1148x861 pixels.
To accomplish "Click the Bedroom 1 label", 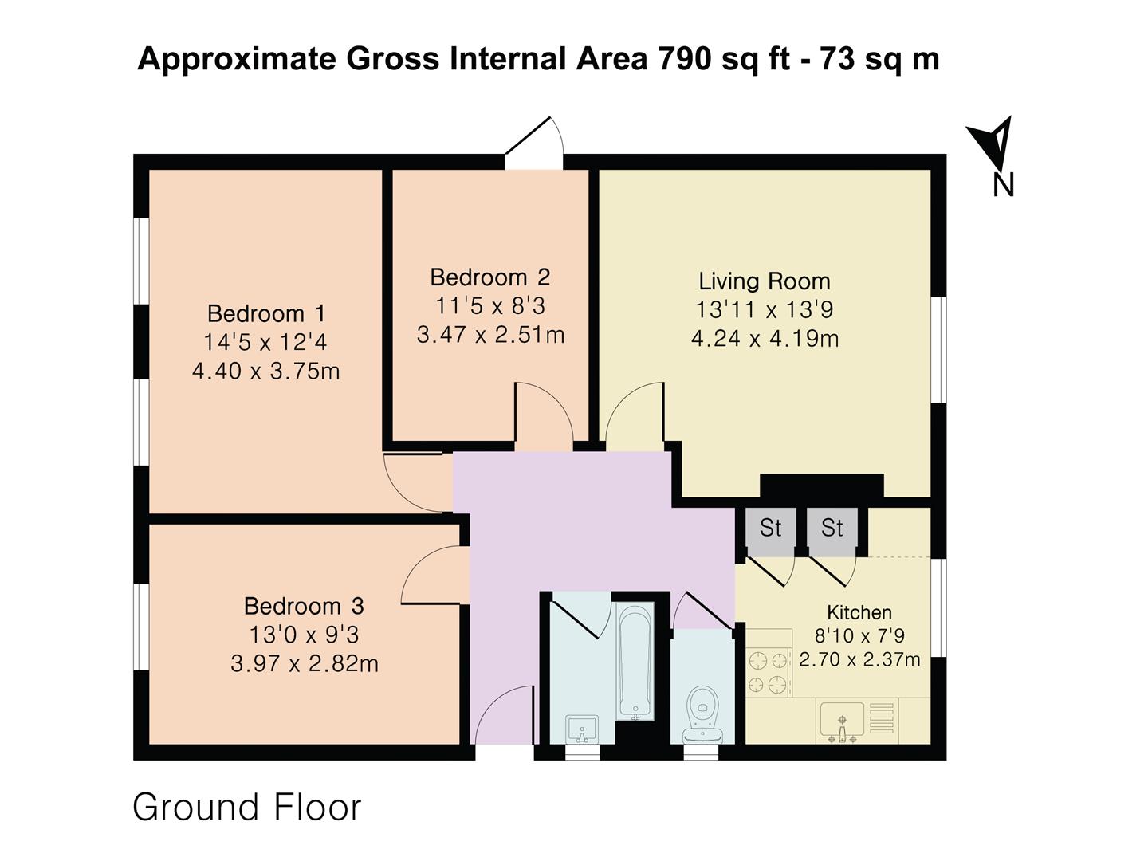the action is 266,314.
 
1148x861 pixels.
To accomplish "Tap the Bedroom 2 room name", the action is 490,277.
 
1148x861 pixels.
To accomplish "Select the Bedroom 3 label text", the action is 304,607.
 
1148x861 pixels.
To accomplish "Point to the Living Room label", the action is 765,282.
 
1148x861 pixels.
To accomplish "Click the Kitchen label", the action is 859,612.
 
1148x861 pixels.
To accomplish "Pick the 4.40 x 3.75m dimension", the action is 266,372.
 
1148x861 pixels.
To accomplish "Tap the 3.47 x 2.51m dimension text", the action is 490,335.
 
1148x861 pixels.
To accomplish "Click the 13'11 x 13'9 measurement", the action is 765,310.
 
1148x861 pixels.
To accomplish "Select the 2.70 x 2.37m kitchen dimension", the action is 859,659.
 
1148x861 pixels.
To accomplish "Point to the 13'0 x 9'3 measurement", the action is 304,635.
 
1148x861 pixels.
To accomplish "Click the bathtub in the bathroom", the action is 635,662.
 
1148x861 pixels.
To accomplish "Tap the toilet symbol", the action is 702,714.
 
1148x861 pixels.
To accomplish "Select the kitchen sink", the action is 842,722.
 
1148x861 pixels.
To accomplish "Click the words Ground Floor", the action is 247,808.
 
